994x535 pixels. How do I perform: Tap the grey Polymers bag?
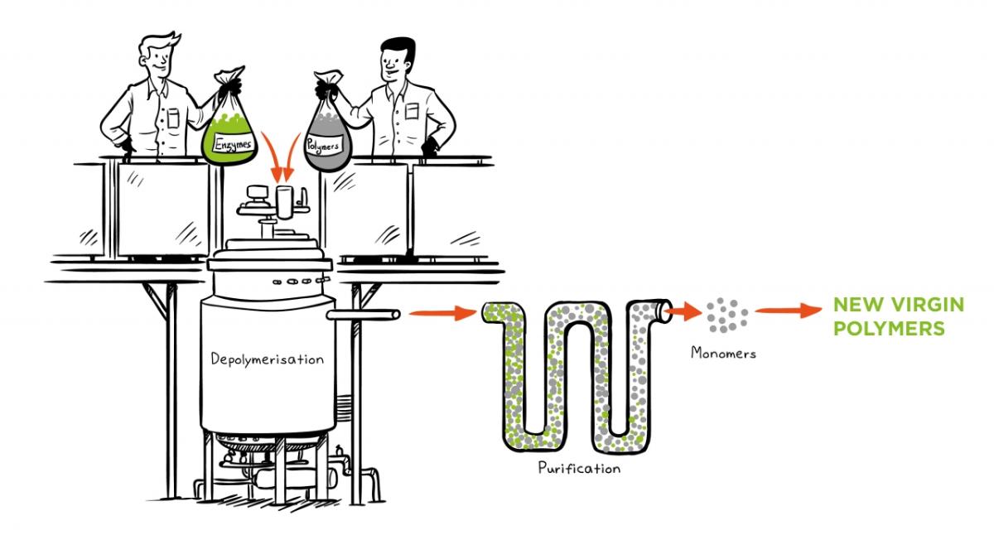[327, 133]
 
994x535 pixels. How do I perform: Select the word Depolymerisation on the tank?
[267, 359]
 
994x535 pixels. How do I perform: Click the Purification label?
[579, 468]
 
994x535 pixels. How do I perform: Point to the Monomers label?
[723, 353]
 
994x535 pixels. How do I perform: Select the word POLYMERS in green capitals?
[889, 329]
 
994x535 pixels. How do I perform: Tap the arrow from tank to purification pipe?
[443, 313]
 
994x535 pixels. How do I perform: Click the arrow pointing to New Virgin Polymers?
[788, 310]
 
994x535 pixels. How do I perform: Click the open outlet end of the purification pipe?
[664, 310]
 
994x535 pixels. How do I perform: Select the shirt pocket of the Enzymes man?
[173, 118]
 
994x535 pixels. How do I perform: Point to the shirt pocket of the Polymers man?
[412, 112]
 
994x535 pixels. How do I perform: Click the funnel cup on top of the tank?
[284, 202]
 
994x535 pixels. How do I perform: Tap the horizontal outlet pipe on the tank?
[363, 315]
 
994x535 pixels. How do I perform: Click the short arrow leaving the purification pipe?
[684, 311]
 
